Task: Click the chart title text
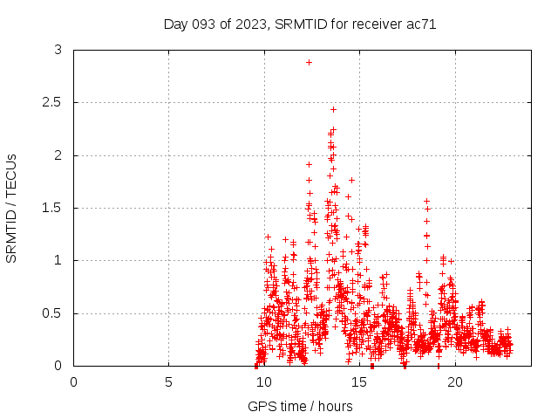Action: pos(300,24)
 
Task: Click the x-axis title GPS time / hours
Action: pos(300,406)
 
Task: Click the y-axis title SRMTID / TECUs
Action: pos(11,208)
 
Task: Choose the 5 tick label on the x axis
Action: pos(168,381)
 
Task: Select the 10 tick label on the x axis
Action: pos(263,381)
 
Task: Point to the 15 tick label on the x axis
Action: pos(358,381)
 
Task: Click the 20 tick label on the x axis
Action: pos(453,381)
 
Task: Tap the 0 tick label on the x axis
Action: pos(73,381)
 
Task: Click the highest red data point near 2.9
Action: pos(309,62)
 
